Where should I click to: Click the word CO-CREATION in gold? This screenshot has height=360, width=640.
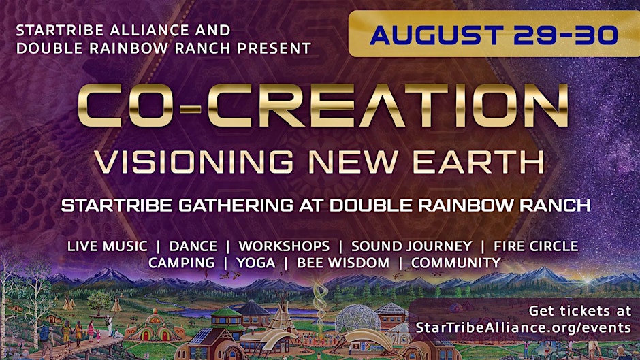pyautogui.click(x=323, y=105)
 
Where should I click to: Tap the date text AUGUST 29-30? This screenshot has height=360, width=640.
pyautogui.click(x=494, y=35)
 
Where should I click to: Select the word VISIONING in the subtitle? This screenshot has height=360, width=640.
pyautogui.click(x=194, y=162)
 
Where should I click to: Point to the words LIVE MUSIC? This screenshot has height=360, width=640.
pyautogui.click(x=108, y=246)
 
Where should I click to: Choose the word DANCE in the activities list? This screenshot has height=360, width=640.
pyautogui.click(x=193, y=246)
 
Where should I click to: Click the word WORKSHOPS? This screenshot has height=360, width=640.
pyautogui.click(x=284, y=246)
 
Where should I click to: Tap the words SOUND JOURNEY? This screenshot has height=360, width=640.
pyautogui.click(x=411, y=246)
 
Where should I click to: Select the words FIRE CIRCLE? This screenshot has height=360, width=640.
pyautogui.click(x=536, y=246)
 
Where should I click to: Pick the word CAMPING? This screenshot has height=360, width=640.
pyautogui.click(x=181, y=263)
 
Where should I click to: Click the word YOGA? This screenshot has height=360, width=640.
pyautogui.click(x=256, y=263)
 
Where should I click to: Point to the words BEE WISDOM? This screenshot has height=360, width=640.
pyautogui.click(x=343, y=263)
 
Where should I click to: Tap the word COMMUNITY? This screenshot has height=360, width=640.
pyautogui.click(x=456, y=263)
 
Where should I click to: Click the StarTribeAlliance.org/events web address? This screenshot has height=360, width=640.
pyautogui.click(x=524, y=327)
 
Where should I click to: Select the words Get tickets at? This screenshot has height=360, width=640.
pyautogui.click(x=580, y=311)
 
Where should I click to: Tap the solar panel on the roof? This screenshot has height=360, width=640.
pyautogui.click(x=200, y=335)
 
